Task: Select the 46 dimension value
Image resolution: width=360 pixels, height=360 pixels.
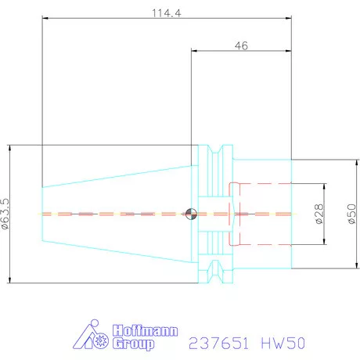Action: pyautogui.click(x=241, y=46)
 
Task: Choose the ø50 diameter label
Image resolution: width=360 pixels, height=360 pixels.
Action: pyautogui.click(x=350, y=214)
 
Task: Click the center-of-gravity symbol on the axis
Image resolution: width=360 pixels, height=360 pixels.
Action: pyautogui.click(x=189, y=214)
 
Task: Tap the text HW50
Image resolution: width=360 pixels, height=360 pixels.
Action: pyautogui.click(x=284, y=343)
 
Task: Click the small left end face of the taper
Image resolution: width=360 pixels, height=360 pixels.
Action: pyautogui.click(x=42, y=214)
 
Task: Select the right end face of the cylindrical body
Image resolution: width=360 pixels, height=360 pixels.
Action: pyautogui.click(x=292, y=214)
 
